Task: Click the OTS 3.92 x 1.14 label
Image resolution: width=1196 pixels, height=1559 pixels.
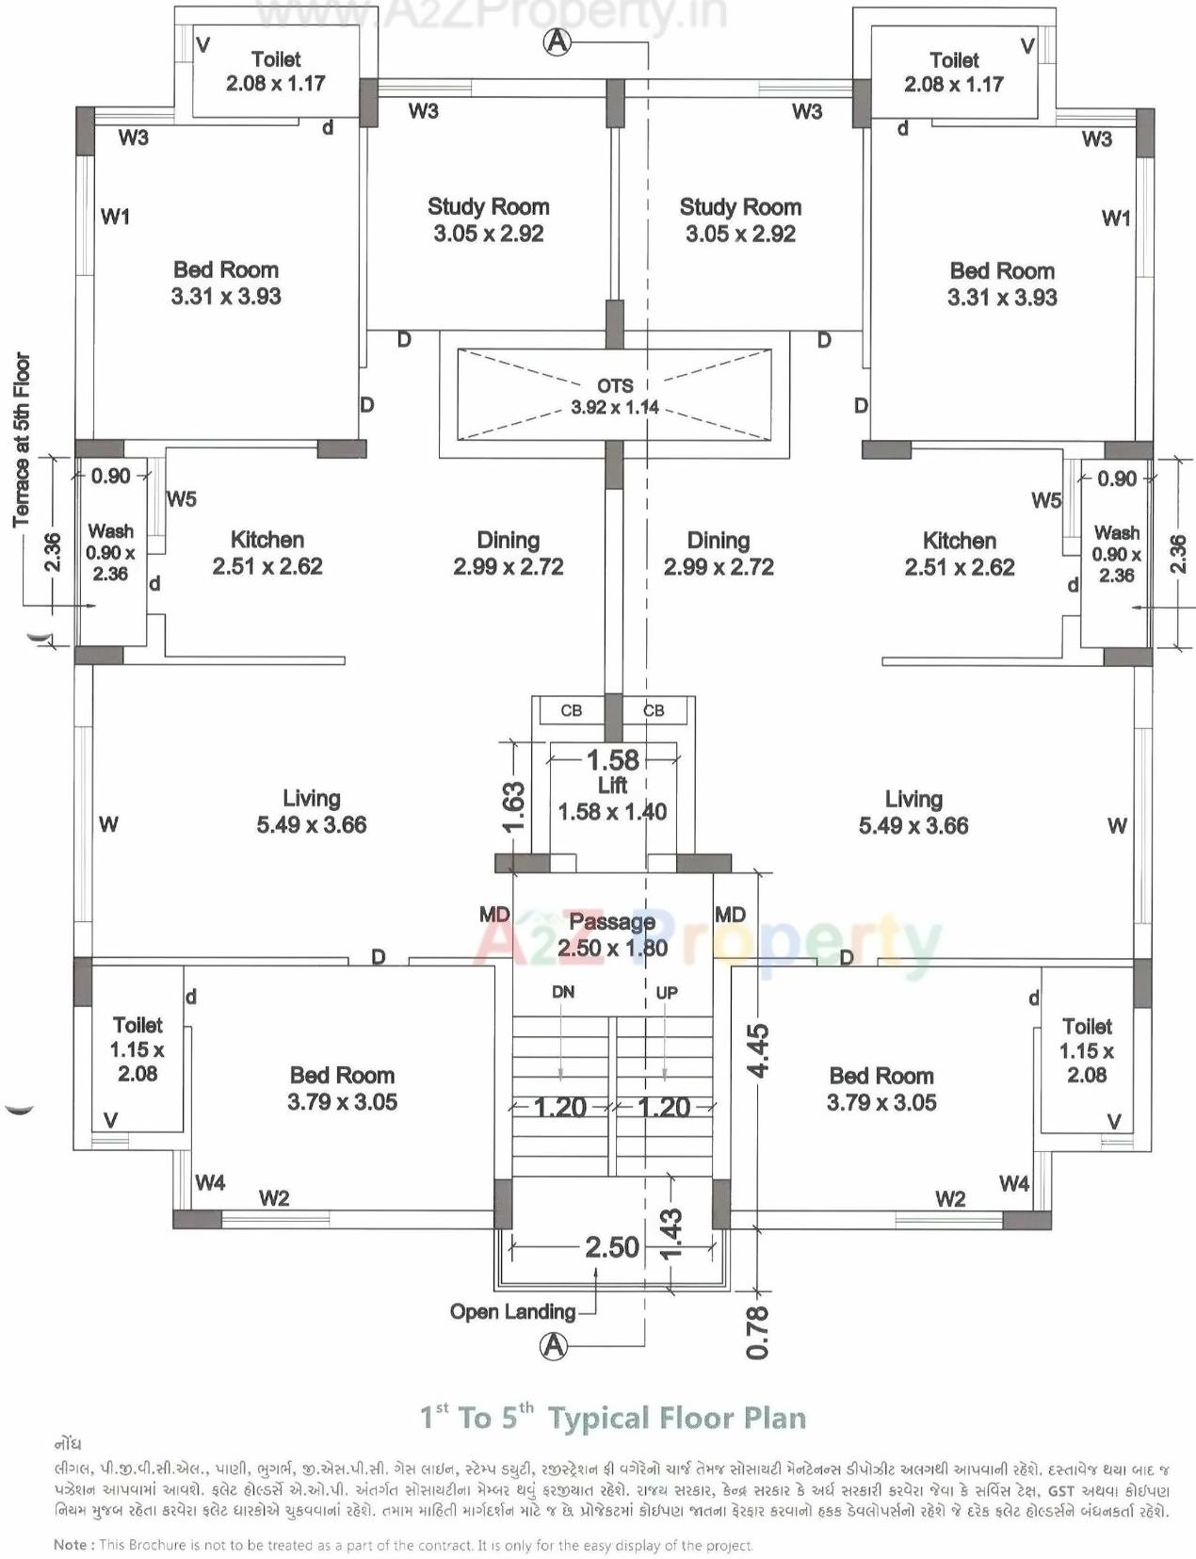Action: click(615, 397)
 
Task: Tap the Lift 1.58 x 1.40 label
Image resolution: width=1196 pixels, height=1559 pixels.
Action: click(612, 799)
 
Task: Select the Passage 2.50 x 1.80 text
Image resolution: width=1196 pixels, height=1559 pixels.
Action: click(612, 934)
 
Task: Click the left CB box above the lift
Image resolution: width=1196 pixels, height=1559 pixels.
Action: click(572, 710)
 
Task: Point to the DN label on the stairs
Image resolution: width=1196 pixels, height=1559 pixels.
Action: click(563, 992)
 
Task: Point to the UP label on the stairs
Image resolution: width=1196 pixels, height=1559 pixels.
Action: click(667, 993)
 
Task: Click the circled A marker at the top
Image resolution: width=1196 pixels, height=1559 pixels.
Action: click(558, 41)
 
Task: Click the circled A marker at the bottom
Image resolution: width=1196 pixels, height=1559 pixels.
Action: click(554, 1346)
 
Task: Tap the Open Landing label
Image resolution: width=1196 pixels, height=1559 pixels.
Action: click(512, 1311)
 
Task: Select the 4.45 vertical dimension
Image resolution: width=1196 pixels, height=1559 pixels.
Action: click(758, 1049)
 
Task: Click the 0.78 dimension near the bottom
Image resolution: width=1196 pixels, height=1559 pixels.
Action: click(758, 1332)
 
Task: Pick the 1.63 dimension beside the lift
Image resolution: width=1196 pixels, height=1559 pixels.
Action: click(513, 807)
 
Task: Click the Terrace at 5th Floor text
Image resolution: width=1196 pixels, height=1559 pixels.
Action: click(22, 439)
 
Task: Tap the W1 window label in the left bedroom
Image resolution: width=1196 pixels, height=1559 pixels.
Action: click(115, 217)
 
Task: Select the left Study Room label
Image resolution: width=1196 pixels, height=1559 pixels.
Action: click(488, 219)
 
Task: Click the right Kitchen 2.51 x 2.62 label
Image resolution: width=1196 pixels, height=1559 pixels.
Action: click(959, 554)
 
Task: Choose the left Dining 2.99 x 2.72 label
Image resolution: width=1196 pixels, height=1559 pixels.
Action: click(508, 553)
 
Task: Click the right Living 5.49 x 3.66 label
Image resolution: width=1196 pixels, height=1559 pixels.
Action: click(913, 812)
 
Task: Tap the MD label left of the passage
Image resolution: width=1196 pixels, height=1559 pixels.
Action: click(494, 915)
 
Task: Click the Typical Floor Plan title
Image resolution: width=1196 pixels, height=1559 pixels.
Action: click(612, 1418)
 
